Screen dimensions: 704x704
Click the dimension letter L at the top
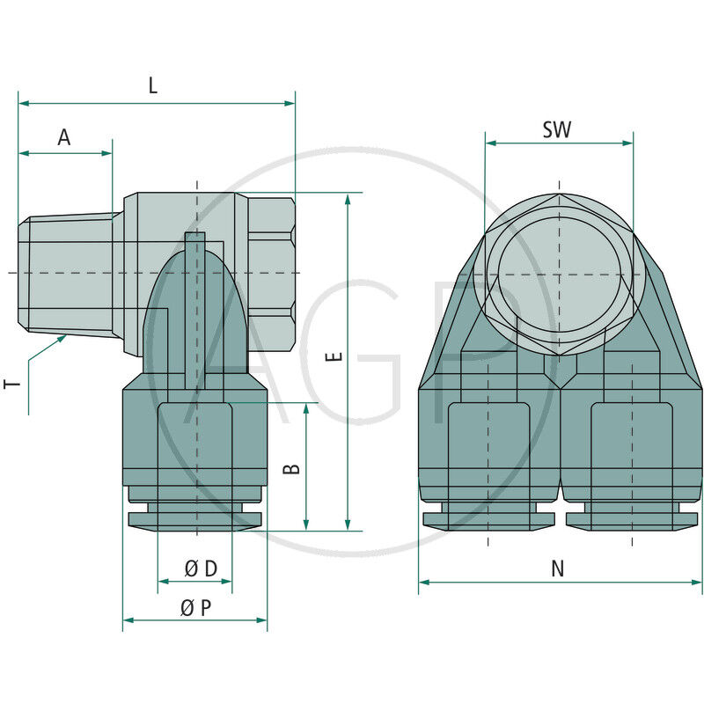(153, 85)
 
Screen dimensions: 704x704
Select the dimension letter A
(64, 137)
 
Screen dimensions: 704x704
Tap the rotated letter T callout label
(12, 384)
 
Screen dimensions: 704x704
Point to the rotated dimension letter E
(334, 356)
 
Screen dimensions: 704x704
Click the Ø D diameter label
(202, 568)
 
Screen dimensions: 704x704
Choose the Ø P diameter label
(195, 608)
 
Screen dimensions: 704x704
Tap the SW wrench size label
(557, 129)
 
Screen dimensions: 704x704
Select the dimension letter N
(558, 568)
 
